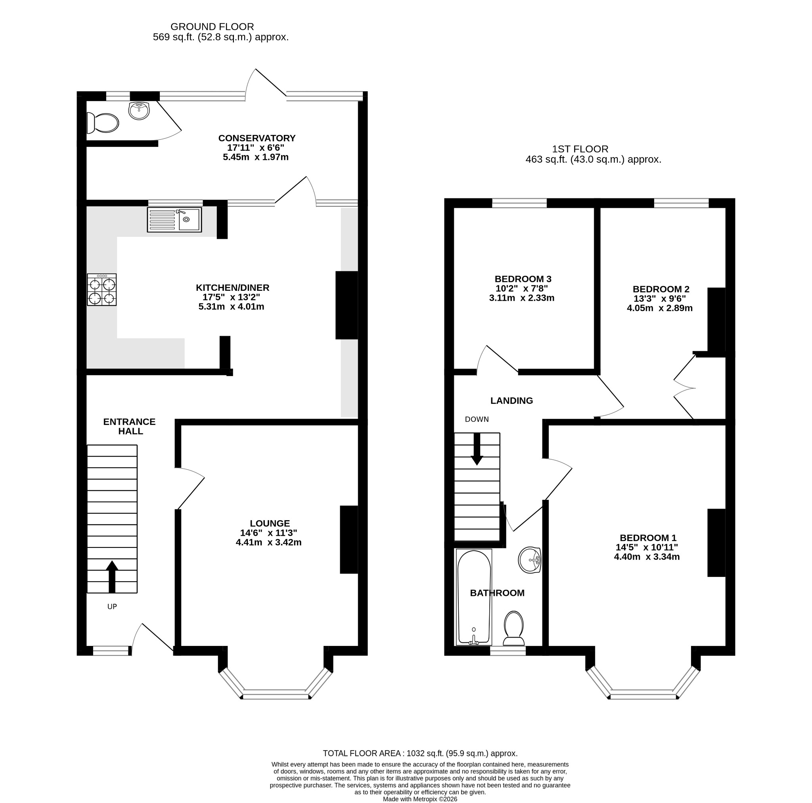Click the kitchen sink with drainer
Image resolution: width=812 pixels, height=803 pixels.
point(174,219)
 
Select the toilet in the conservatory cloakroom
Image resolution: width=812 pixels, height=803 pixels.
point(103,123)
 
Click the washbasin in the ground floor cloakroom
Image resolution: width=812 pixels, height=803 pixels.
point(139,111)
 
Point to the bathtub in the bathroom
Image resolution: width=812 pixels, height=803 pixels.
point(474,597)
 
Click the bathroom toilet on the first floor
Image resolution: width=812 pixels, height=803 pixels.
point(513,628)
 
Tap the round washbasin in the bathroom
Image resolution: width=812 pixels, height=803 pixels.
point(530,560)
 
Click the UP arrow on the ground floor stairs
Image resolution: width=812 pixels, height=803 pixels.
point(112,577)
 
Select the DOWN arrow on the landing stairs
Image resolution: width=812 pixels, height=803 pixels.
point(477,449)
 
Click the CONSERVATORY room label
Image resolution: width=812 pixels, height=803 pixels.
point(257,138)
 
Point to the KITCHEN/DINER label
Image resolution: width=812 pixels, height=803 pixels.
point(232,288)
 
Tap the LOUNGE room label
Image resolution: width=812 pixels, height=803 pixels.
point(270,523)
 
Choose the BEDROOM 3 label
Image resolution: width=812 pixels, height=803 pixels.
point(523,279)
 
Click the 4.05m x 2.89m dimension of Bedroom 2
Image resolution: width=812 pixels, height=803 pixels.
point(659,308)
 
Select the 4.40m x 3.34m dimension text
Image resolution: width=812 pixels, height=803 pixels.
point(647,557)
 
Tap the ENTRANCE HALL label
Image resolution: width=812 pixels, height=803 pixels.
point(129,426)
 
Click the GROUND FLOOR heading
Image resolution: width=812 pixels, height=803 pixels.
point(212,27)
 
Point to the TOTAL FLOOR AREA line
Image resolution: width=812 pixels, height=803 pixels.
point(420,753)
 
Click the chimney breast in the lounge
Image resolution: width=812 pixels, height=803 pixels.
point(349,540)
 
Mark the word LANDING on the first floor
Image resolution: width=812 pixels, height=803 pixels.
point(511,401)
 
